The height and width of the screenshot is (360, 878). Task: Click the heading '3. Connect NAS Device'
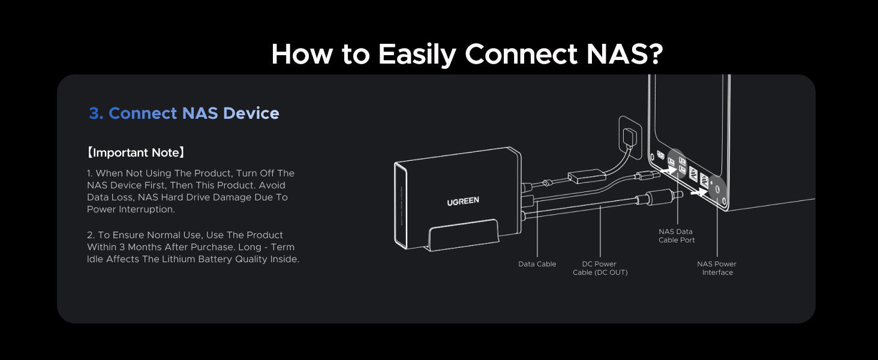pyautogui.click(x=184, y=113)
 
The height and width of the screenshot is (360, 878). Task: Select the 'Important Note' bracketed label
pyautogui.click(x=136, y=152)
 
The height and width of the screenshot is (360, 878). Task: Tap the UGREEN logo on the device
pyautogui.click(x=462, y=201)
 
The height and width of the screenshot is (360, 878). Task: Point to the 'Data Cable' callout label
pyautogui.click(x=537, y=264)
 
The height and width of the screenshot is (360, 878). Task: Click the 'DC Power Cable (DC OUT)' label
pyautogui.click(x=600, y=268)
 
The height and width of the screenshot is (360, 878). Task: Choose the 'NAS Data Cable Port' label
pyautogui.click(x=676, y=236)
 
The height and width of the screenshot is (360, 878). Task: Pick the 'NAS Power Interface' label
pyautogui.click(x=717, y=268)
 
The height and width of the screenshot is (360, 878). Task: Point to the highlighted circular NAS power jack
pyautogui.click(x=715, y=187)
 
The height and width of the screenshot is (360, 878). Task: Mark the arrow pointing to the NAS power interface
pyautogui.click(x=697, y=193)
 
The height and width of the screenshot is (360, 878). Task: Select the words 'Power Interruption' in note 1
pyautogui.click(x=131, y=209)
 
